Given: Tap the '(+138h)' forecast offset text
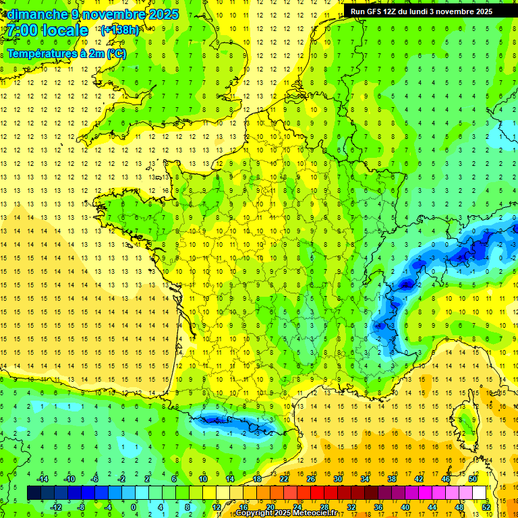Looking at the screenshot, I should [x=119, y=30].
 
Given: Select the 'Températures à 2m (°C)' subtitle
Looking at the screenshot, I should [x=66, y=54].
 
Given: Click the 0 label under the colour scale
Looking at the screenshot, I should [x=133, y=507].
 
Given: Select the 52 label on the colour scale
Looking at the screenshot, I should [x=486, y=507].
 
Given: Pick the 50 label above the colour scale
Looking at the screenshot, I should [x=472, y=479].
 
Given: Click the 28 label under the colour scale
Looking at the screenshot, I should [x=324, y=507].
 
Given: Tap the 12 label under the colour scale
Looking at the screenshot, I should [x=216, y=507].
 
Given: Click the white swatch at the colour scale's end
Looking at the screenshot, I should [x=480, y=492].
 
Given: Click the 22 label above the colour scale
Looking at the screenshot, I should [x=284, y=479].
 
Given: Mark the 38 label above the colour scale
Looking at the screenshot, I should [x=392, y=479].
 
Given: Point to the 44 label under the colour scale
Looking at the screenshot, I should [x=432, y=507].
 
